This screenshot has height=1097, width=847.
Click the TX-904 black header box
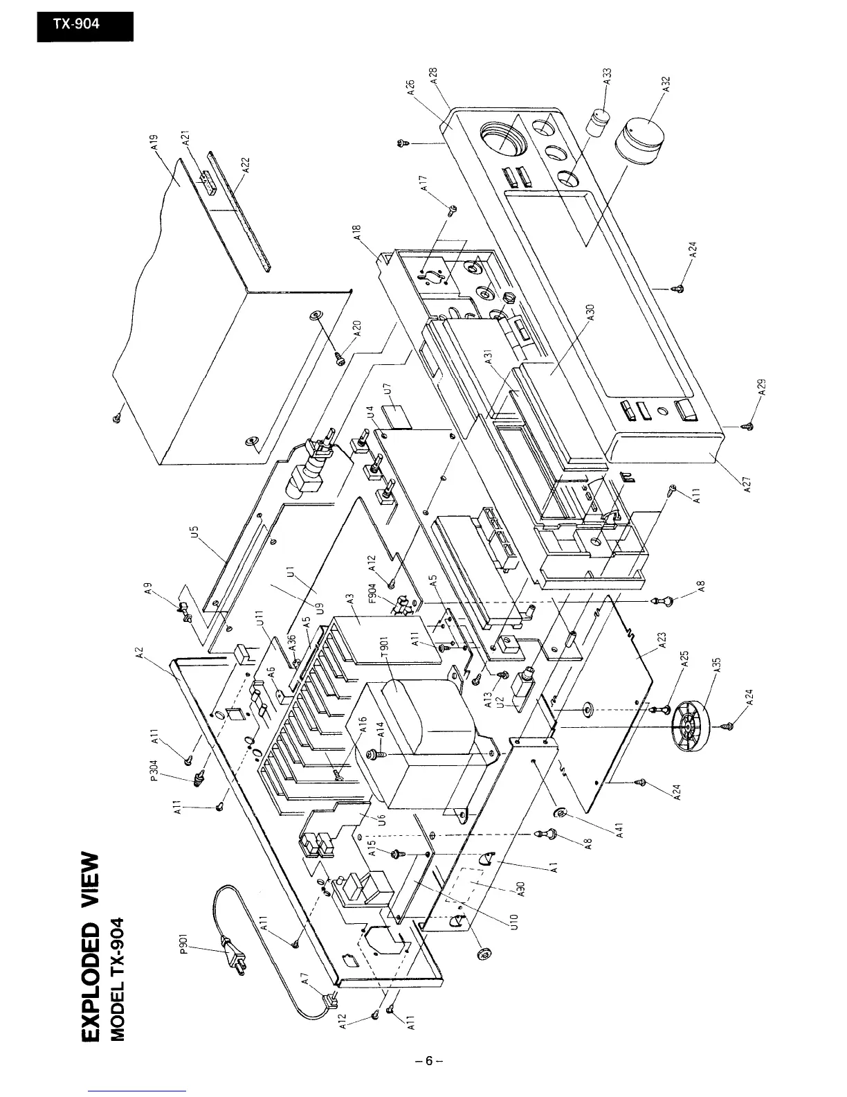(x=84, y=23)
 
